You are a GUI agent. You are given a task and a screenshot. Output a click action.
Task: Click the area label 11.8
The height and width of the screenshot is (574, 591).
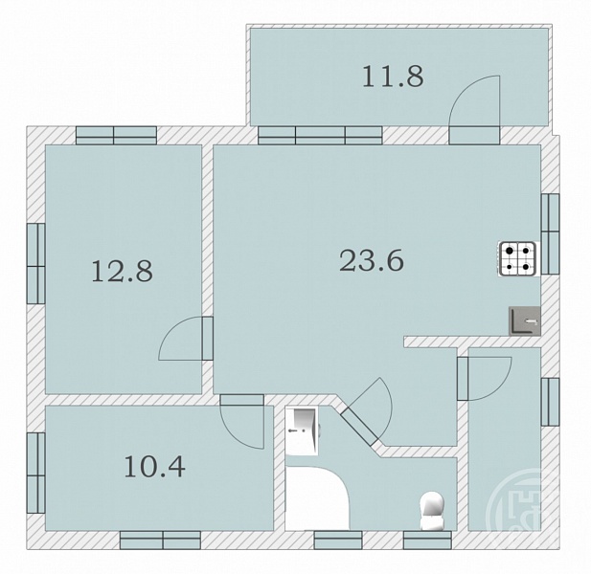(393, 77)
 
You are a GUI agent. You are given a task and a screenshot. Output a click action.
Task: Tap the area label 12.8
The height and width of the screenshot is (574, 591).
(122, 271)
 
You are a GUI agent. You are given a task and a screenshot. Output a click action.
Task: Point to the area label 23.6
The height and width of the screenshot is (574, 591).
(372, 261)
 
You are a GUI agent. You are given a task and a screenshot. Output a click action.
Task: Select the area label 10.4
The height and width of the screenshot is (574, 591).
(154, 466)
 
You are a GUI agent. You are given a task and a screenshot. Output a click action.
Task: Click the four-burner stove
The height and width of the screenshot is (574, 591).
(517, 259)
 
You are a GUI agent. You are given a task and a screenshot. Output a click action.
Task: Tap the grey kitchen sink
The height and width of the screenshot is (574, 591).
(525, 321)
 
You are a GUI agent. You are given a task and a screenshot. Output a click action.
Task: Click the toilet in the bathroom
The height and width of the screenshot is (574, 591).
(432, 511)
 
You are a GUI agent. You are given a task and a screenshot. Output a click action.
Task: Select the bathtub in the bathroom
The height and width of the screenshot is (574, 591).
(317, 498)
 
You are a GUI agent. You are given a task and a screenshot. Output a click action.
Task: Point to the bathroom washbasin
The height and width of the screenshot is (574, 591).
(303, 430)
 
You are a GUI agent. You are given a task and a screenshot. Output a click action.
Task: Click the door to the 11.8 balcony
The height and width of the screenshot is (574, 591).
(474, 109)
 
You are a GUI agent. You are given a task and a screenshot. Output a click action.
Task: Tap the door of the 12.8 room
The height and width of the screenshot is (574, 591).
(186, 339)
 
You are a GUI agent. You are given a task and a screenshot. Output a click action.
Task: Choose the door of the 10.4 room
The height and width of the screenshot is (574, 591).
(242, 422)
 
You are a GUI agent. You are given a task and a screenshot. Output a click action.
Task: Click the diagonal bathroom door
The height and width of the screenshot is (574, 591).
(366, 411)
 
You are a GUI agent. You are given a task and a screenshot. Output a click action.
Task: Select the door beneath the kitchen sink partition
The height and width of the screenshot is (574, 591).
(484, 378)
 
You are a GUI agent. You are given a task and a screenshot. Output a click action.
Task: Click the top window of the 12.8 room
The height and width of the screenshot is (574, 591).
(116, 136)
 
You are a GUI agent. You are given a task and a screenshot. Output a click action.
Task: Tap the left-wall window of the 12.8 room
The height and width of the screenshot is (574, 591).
(36, 263)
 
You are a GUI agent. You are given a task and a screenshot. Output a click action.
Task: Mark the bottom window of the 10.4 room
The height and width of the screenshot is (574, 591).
(160, 541)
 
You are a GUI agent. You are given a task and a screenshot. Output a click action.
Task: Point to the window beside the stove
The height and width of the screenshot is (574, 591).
(551, 233)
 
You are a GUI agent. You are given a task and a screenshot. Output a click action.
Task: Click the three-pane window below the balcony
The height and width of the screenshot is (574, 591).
(320, 136)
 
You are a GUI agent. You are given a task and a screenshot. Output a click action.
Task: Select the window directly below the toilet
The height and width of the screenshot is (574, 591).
(427, 541)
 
